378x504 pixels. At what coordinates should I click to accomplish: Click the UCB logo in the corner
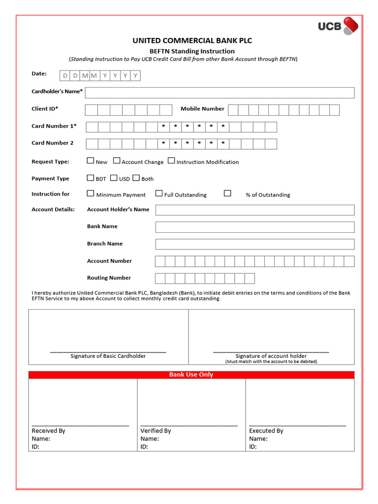(x=338, y=26)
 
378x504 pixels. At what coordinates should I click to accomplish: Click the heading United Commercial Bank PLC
(x=192, y=40)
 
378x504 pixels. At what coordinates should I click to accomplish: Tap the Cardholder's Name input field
(x=220, y=93)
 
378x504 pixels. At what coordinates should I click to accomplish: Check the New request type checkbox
(x=91, y=160)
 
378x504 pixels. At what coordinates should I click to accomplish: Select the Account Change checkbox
(x=117, y=160)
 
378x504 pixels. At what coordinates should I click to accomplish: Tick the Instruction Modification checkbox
(x=171, y=160)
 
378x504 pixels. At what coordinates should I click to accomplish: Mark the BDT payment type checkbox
(x=91, y=178)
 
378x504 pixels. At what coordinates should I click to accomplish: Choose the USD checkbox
(x=114, y=178)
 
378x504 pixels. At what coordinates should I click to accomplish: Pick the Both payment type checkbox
(x=136, y=178)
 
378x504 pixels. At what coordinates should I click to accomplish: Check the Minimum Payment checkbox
(x=91, y=193)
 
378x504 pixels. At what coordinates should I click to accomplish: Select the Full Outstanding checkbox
(x=159, y=193)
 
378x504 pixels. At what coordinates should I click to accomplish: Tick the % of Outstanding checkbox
(x=227, y=193)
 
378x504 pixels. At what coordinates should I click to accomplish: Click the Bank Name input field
(x=254, y=227)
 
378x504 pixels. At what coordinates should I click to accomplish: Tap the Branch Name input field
(x=254, y=244)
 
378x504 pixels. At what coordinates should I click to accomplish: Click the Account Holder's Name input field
(x=254, y=210)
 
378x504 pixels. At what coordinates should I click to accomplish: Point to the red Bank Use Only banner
(x=191, y=375)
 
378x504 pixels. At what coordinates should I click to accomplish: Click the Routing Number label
(x=109, y=278)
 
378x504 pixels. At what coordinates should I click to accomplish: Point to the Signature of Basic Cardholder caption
(x=108, y=356)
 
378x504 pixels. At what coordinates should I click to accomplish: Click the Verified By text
(x=156, y=431)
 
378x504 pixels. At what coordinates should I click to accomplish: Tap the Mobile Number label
(x=202, y=109)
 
